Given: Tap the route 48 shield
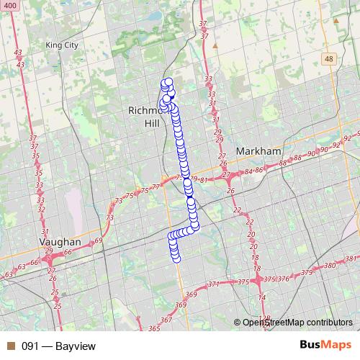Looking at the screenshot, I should tap(329, 59).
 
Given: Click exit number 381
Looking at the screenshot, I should tap(351, 258).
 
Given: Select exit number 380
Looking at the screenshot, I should tap(330, 266).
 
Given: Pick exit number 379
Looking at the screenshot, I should tap(307, 272).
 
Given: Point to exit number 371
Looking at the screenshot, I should tap(214, 285).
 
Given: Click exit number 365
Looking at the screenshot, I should tap(154, 328).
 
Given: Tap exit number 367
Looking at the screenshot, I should tap(166, 320).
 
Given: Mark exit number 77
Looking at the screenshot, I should tap(156, 186).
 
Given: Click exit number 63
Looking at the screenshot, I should tap(9, 274).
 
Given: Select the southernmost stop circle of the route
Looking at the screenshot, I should tap(174, 252).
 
